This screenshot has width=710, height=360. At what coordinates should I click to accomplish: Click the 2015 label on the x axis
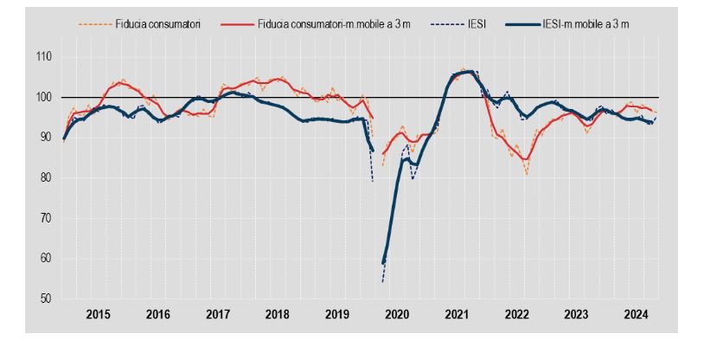tap(98, 316)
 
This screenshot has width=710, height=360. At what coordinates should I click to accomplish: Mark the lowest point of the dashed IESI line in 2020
tap(382, 281)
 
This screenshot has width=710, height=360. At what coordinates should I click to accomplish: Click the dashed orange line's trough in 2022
tap(526, 175)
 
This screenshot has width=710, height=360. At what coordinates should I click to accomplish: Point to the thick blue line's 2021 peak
tap(467, 72)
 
